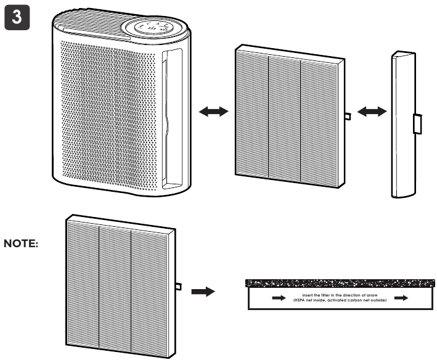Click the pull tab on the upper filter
(x=348, y=116)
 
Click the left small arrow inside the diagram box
(x=279, y=298)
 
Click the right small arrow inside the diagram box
(x=401, y=298)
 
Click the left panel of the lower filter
(x=83, y=280)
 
